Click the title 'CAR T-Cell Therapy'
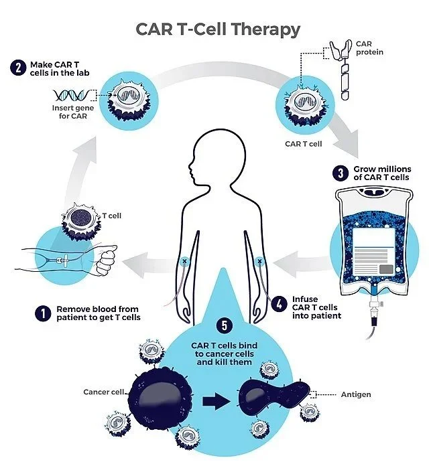218,29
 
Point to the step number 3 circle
341,173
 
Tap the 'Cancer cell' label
105,392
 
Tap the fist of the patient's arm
107,260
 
